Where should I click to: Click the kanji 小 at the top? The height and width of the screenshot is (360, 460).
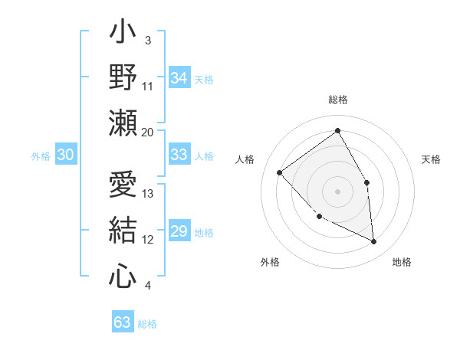123,34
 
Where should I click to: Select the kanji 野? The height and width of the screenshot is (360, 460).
123,77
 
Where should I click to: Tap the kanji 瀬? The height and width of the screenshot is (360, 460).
123,123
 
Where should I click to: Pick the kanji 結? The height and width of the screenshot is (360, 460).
123,231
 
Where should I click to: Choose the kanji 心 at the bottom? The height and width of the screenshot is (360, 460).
123,275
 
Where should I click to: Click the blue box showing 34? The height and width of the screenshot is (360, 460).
179,78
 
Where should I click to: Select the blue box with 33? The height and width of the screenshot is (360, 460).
179,155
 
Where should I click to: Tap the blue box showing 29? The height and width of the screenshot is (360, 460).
179,231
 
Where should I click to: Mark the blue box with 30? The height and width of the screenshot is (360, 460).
65,155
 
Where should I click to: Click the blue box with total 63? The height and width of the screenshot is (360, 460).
122,322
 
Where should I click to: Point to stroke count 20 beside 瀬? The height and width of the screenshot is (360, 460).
147,132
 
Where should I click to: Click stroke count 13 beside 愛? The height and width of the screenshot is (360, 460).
148,193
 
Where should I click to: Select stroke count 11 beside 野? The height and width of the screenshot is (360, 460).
148,86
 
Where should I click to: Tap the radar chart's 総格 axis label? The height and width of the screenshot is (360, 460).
337,100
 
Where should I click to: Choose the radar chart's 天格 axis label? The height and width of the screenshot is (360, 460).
431,159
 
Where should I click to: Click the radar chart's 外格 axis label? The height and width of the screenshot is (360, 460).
270,262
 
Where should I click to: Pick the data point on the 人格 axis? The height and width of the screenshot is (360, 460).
280,172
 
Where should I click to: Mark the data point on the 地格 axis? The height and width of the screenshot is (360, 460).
373,241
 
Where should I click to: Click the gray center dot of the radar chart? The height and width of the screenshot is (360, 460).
337,191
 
